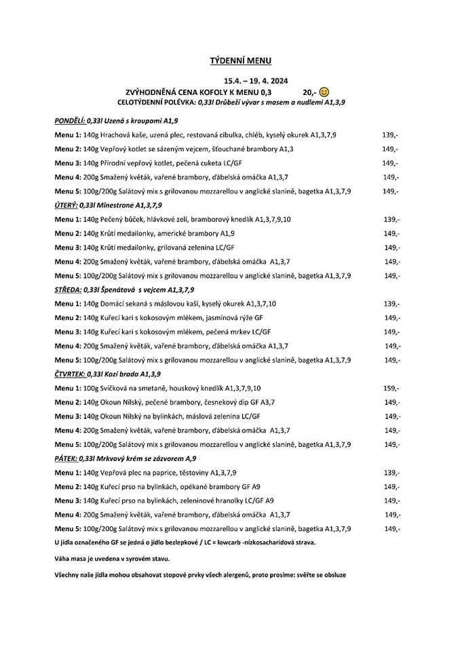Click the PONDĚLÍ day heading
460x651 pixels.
[x=70, y=120]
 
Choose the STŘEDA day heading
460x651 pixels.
[x=67, y=289]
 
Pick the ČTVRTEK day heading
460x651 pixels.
[x=69, y=374]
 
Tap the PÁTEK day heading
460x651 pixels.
[x=66, y=458]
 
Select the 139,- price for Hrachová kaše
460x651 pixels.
[x=390, y=135]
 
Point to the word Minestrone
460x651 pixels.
[x=117, y=204]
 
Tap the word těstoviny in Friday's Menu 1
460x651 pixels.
[x=192, y=473]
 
